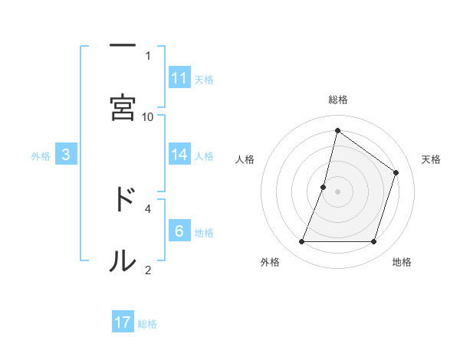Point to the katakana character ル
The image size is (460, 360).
pos(122,260)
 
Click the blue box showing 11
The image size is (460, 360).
pos(179,78)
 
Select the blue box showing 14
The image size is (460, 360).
pos(179,155)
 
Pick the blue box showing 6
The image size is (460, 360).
pos(179,231)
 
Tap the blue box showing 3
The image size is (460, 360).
pos(66,155)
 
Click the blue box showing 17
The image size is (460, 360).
pos(123,322)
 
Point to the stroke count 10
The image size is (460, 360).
pos(148,116)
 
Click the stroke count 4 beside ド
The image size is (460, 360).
pos(148,208)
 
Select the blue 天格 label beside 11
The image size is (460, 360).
pos(204,79)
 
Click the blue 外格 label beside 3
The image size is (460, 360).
pos(41,155)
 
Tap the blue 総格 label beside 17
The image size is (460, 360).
pos(147,323)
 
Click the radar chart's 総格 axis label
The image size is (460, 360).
pos(338,100)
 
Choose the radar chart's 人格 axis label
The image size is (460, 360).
pos(245,159)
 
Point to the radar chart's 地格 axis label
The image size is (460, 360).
pos(402,262)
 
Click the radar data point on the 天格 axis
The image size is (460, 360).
pos(396,172)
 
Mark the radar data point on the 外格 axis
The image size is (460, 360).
pos(301,242)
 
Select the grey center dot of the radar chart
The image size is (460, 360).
pos(338,191)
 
